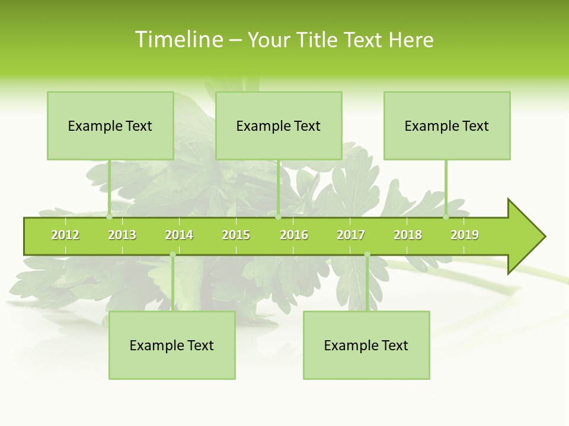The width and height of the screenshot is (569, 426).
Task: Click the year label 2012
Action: point(65,235)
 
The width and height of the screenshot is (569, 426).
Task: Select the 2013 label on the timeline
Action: point(122,235)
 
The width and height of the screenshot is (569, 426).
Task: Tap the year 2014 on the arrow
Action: point(179,235)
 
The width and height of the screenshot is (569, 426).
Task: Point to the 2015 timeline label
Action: point(236,235)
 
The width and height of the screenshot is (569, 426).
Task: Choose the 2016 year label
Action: point(294,235)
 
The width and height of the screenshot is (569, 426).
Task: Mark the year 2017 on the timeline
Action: point(351,235)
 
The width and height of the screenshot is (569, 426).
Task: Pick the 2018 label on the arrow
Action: point(408,235)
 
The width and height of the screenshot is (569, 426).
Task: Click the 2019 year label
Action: point(465,235)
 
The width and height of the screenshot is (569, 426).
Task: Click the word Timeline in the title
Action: point(178,40)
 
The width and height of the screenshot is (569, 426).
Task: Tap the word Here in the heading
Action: point(411,40)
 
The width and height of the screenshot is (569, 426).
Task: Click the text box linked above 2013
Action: point(110,125)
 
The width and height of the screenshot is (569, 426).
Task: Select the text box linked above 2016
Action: point(279,125)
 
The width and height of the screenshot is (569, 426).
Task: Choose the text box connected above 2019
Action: point(447,125)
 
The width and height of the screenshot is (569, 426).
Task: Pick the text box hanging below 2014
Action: point(172,345)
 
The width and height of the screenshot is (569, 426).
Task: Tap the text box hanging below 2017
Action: point(366,345)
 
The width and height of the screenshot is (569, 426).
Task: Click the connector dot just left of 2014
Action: point(172,254)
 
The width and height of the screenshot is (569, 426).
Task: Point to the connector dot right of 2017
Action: point(367,254)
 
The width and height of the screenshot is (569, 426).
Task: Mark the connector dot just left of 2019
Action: point(446,217)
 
